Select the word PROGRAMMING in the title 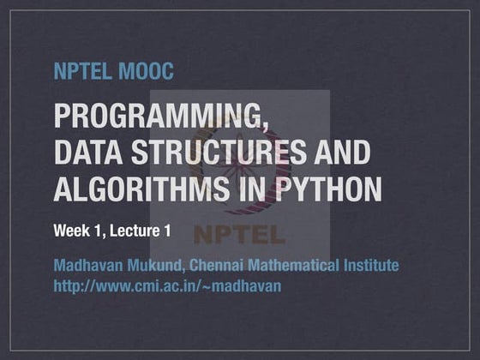(x=154, y=116)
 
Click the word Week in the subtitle (x=70, y=231)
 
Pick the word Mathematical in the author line (x=297, y=266)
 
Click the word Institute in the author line (x=370, y=266)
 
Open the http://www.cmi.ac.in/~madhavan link (x=167, y=285)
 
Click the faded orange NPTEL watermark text (x=240, y=233)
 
